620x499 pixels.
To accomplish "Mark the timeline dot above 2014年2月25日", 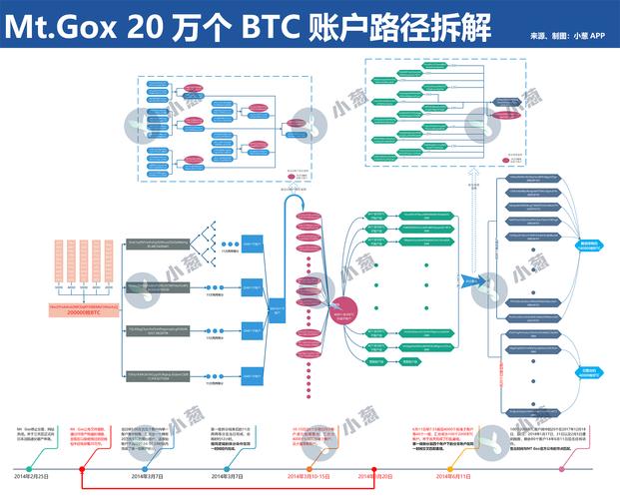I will pos(31,468).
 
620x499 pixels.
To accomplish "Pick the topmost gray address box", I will pos(159,245).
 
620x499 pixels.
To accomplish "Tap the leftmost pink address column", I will pos(59,264).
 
